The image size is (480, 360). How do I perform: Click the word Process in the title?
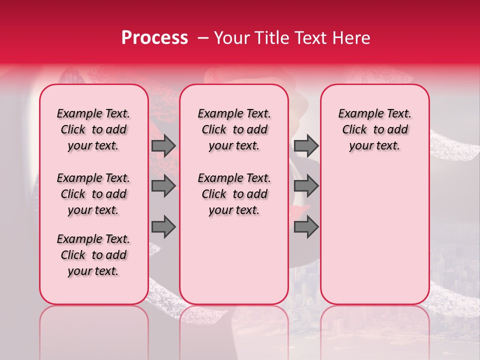[154, 38]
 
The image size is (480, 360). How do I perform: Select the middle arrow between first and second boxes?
[163, 186]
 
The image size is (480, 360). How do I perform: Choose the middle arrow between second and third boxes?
[306, 186]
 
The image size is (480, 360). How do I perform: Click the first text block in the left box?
[93, 129]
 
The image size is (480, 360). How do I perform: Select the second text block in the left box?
[93, 194]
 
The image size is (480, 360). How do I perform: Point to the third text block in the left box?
[93, 255]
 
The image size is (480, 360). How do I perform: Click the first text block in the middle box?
[234, 129]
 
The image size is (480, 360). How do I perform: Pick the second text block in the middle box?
[234, 194]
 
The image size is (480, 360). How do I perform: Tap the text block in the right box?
[375, 129]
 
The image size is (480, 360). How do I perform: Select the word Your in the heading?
[232, 38]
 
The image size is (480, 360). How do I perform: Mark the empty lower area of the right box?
[375, 230]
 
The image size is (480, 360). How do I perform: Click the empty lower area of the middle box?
[234, 260]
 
